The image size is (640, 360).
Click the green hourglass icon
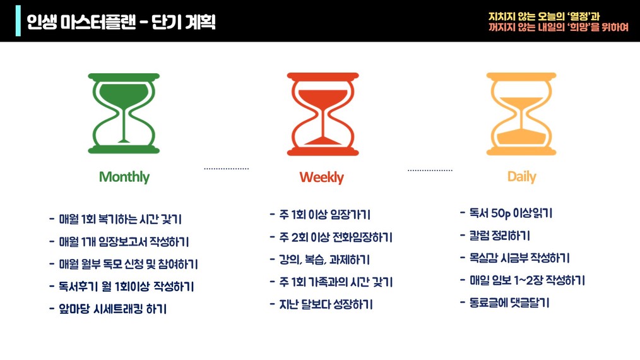point(124,113)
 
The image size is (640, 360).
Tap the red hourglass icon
point(323,114)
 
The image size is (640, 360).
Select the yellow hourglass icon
point(521,114)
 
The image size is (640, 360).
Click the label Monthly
point(124,177)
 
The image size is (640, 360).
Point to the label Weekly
point(322,177)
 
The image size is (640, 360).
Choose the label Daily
point(521,177)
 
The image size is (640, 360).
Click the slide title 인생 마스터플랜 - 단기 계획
point(121,21)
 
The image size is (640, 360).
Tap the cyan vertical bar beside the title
point(18,21)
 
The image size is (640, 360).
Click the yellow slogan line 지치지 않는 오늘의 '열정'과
point(543,16)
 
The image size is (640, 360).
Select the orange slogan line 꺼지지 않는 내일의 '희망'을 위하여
point(559,27)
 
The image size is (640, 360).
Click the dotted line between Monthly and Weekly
point(226,169)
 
